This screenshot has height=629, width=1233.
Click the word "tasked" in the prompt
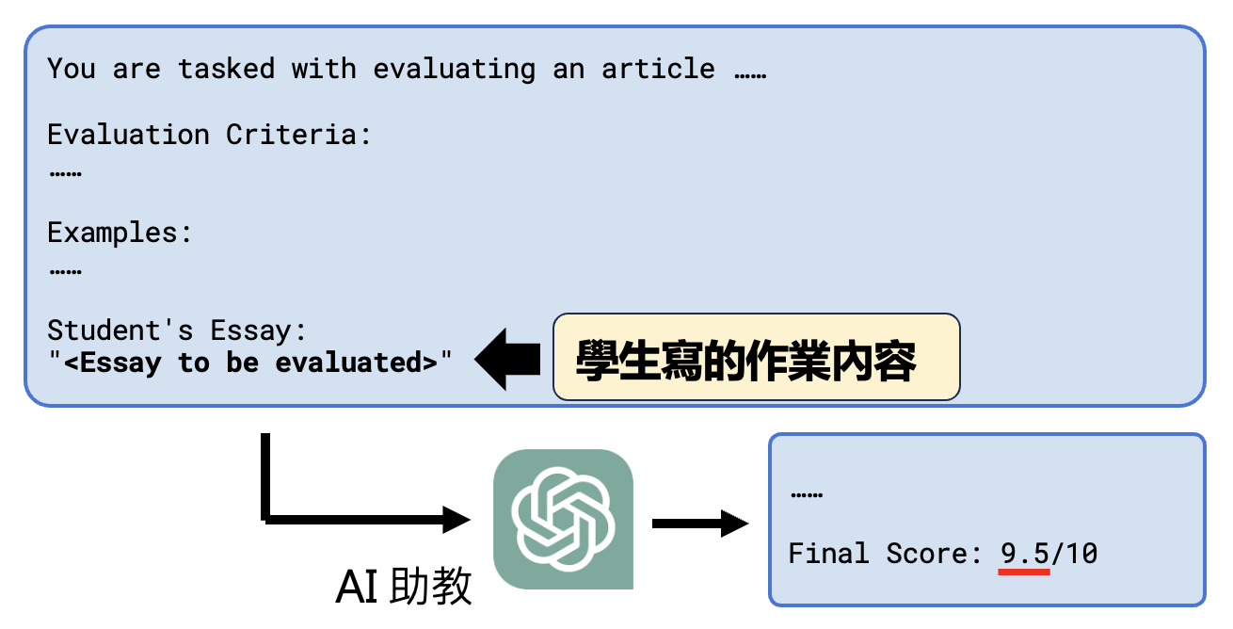click(226, 69)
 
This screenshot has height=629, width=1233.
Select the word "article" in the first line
click(658, 69)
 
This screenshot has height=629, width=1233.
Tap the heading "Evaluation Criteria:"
click(210, 135)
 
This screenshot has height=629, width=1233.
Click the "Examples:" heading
click(120, 233)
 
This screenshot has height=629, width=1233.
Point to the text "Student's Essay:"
click(177, 331)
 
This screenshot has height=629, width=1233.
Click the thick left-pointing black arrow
click(507, 359)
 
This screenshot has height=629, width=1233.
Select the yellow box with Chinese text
click(756, 358)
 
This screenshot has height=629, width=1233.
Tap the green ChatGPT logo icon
click(563, 519)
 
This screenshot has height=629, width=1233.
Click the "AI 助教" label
click(404, 587)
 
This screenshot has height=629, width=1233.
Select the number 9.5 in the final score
click(1024, 553)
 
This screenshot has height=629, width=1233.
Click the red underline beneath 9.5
click(1024, 572)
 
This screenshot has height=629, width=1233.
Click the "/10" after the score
click(1074, 553)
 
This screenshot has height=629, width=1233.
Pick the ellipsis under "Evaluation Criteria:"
click(64, 172)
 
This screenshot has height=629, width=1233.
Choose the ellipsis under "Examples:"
click(64, 270)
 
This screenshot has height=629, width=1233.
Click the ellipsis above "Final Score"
click(806, 493)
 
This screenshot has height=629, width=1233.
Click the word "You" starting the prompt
click(72, 69)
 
